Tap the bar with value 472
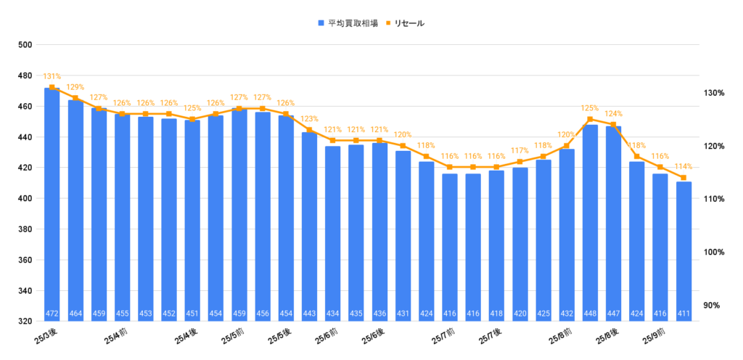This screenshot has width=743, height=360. coord(52,203)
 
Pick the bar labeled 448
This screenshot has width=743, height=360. coord(590,221)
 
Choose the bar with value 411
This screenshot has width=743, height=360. coord(684,250)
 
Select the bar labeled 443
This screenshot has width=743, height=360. coord(309,225)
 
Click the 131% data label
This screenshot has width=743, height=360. coord(52,76)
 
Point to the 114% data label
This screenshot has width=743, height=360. coord(684,166)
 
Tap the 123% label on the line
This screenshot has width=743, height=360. coord(309,119)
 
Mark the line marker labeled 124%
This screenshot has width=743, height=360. coord(613,125)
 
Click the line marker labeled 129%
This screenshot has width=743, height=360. coord(75,98)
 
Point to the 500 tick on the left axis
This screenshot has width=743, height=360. coord(26,45)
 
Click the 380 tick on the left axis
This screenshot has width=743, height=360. coord(26,229)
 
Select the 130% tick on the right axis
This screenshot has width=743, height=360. coord(715,93)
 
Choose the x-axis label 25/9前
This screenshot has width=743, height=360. coord(655,336)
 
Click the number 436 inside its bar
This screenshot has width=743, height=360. coord(379,314)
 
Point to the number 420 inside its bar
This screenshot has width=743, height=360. coord(520,314)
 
